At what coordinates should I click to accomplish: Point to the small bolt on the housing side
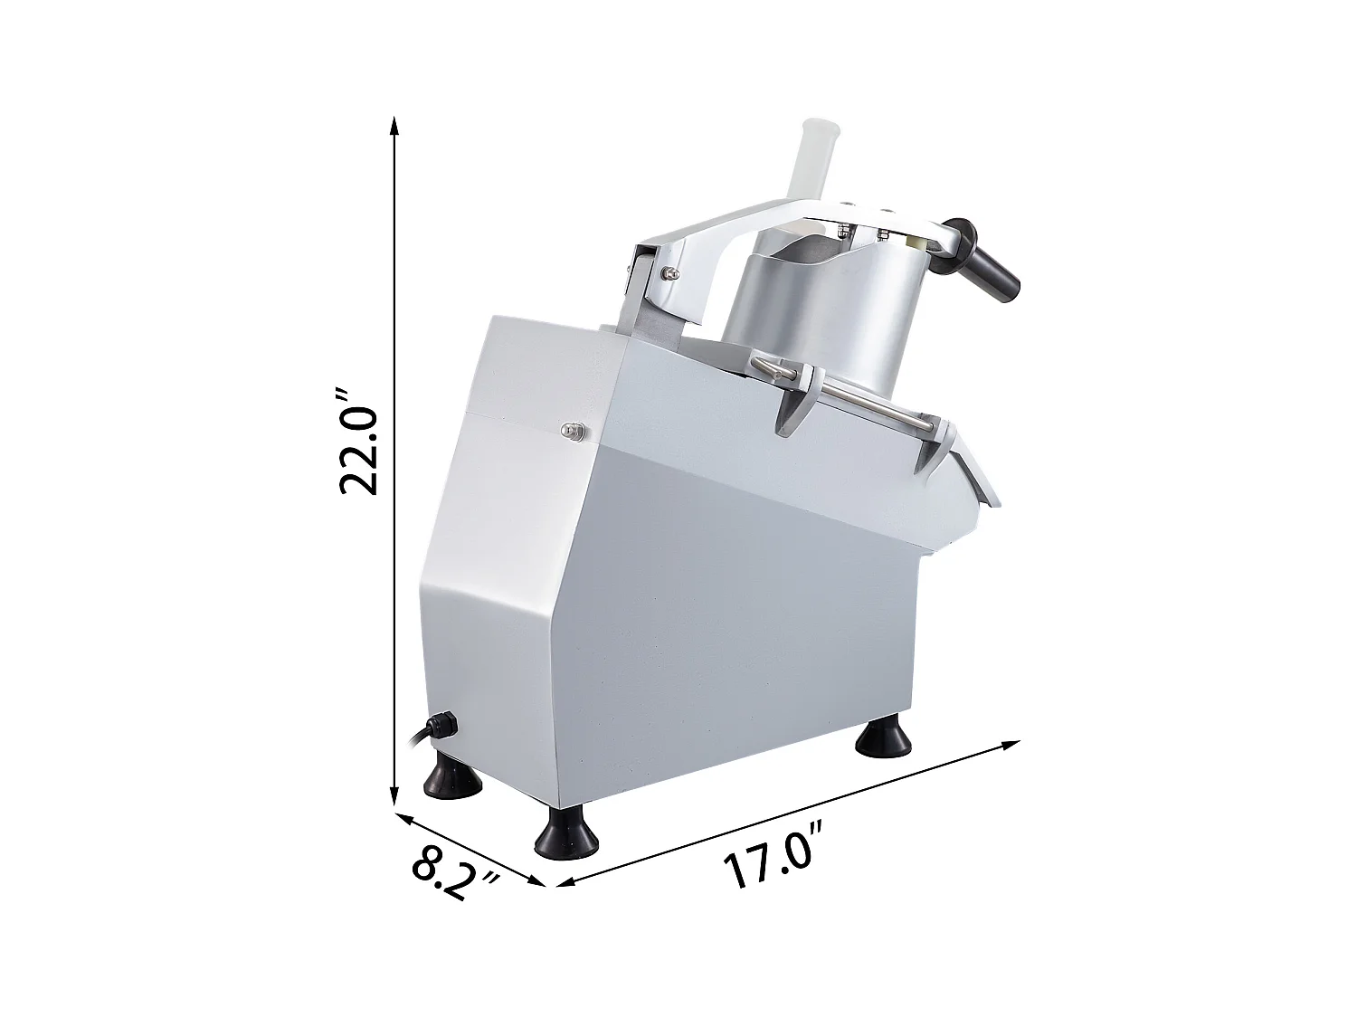click(570, 431)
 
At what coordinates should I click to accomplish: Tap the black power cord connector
click(443, 726)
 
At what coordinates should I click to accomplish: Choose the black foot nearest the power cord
click(451, 779)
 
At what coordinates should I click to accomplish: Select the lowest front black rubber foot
click(566, 837)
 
